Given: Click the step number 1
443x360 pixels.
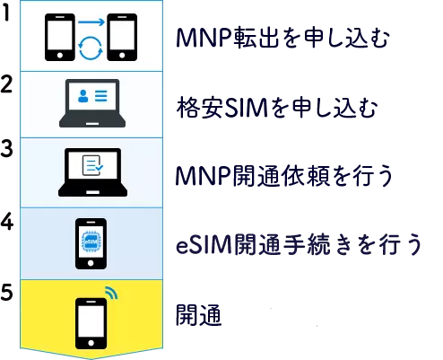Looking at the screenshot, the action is pyautogui.click(x=6, y=13).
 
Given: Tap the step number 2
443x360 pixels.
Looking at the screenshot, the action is pyautogui.click(x=6, y=84).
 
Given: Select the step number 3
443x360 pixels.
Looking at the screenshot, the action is pyautogui.click(x=6, y=148).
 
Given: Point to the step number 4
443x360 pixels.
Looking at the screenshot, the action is pyautogui.click(x=7, y=222).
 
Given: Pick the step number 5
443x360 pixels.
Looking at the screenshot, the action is pyautogui.click(x=6, y=292).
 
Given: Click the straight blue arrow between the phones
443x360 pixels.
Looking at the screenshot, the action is pyautogui.click(x=91, y=22).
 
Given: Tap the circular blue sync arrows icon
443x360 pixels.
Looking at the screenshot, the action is pyautogui.click(x=91, y=48).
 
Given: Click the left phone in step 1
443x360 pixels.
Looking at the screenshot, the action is pyautogui.click(x=60, y=37).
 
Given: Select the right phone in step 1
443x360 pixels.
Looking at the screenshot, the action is pyautogui.click(x=122, y=37).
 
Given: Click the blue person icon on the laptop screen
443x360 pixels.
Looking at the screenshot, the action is pyautogui.click(x=83, y=96).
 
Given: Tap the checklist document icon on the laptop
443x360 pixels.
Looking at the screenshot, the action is pyautogui.click(x=92, y=165).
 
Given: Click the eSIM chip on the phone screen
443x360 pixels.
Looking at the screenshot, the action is pyautogui.click(x=91, y=241).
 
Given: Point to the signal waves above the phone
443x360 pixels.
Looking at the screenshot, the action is pyautogui.click(x=111, y=293).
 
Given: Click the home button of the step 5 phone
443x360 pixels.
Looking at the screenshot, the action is pyautogui.click(x=91, y=343).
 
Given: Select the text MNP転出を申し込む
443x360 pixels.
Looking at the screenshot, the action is pyautogui.click(x=282, y=38).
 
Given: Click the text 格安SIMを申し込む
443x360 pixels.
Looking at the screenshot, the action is pyautogui.click(x=277, y=107).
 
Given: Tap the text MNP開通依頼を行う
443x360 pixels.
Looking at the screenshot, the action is pyautogui.click(x=284, y=175).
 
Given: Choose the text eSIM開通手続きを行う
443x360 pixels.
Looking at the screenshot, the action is pyautogui.click(x=299, y=244).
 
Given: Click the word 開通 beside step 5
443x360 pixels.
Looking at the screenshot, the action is pyautogui.click(x=199, y=315).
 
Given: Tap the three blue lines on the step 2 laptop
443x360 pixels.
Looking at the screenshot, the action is pyautogui.click(x=101, y=96).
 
